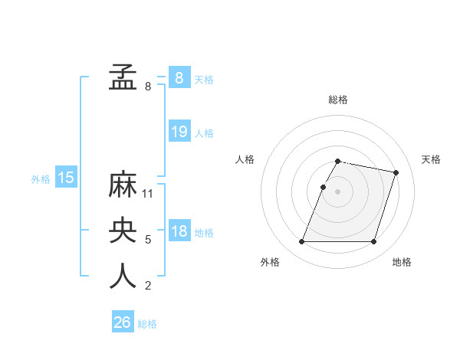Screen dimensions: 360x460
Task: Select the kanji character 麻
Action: click(x=123, y=185)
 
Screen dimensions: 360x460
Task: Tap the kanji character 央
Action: click(x=123, y=231)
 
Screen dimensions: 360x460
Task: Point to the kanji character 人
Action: click(x=123, y=276)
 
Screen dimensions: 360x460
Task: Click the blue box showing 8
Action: click(x=179, y=78)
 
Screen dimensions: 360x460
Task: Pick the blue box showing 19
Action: click(x=179, y=132)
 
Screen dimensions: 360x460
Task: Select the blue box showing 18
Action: click(x=179, y=232)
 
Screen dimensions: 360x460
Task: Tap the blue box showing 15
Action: click(x=66, y=178)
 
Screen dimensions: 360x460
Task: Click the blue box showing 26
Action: click(x=123, y=322)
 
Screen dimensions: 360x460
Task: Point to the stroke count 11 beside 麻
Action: click(x=149, y=194)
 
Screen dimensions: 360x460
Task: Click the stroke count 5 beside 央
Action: click(x=148, y=240)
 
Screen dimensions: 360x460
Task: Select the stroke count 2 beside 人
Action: click(x=148, y=286)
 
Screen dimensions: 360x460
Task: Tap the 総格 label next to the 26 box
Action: click(x=147, y=324)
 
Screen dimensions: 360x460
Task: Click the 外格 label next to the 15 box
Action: click(x=41, y=179)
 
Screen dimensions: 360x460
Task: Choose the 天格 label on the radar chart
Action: click(x=431, y=159)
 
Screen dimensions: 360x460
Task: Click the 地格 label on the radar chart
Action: click(x=402, y=262)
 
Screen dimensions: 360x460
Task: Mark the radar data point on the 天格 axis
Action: click(x=396, y=172)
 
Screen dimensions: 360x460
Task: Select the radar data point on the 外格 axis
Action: click(x=301, y=242)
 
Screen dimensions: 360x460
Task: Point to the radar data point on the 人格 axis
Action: click(x=323, y=187)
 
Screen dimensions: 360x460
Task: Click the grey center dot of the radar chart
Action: click(x=337, y=191)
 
